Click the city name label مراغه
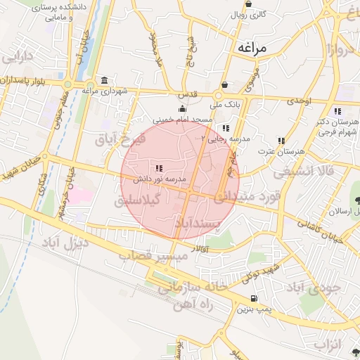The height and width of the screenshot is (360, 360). pyautogui.click(x=254, y=48)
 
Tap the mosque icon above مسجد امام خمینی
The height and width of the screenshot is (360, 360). pyautogui.click(x=183, y=109)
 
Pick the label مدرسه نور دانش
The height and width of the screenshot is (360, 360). pyautogui.click(x=160, y=180)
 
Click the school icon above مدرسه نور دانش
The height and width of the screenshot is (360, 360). pyautogui.click(x=160, y=169)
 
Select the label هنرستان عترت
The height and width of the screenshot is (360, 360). pyautogui.click(x=281, y=151)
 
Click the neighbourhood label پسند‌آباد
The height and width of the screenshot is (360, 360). pyautogui.click(x=218, y=224)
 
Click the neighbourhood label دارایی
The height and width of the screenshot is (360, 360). pyautogui.click(x=20, y=56)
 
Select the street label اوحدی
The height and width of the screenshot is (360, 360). pyautogui.click(x=298, y=102)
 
